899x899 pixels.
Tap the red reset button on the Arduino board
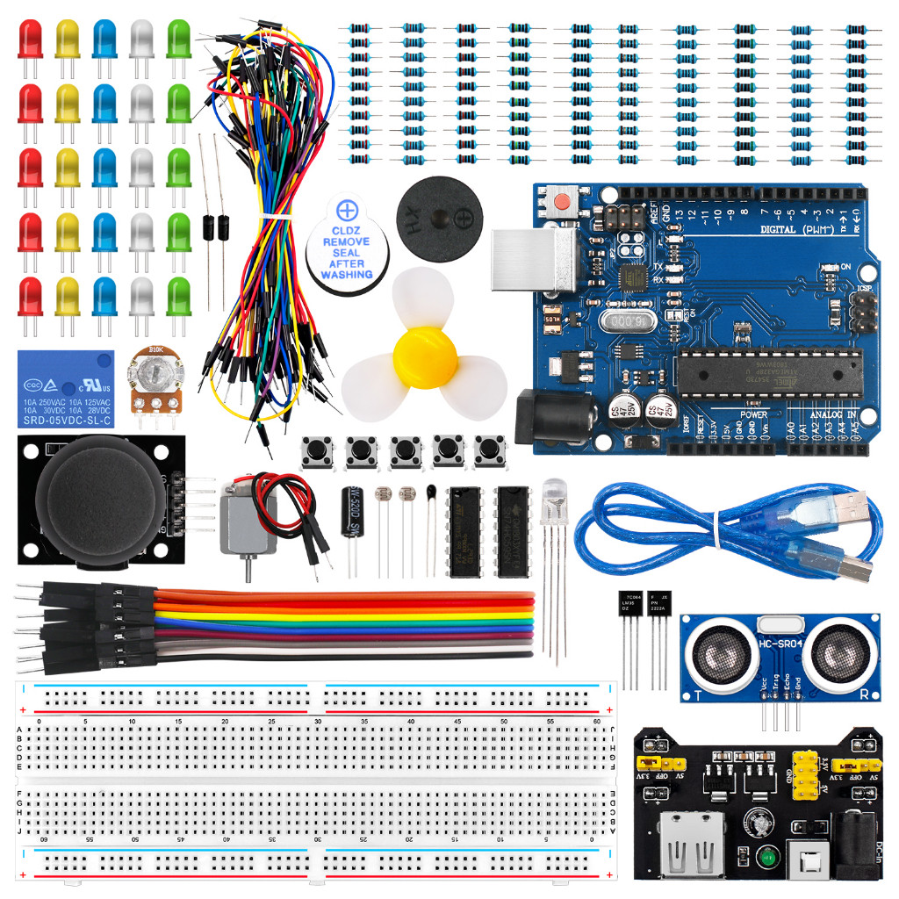pyautogui.click(x=558, y=203)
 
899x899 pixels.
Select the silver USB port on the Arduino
pyautogui.click(x=523, y=259)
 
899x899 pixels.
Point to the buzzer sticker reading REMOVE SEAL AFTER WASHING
pyautogui.click(x=347, y=249)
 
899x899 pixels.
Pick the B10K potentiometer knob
pyautogui.click(x=157, y=373)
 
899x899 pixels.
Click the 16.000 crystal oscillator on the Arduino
pyautogui.click(x=627, y=321)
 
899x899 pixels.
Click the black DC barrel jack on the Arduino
pyautogui.click(x=543, y=416)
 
